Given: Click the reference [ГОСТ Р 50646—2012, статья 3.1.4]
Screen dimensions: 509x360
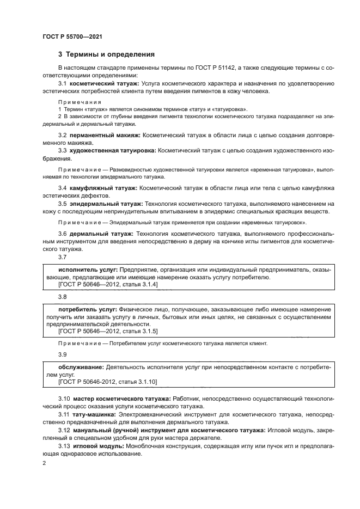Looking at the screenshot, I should pyautogui.click(x=108, y=285).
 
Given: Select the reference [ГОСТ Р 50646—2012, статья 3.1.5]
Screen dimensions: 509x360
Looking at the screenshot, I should pyautogui.click(x=108, y=331).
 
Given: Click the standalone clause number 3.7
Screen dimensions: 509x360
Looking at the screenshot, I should pyautogui.click(x=63, y=257).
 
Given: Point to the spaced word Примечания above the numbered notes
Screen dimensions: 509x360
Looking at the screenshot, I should pyautogui.click(x=80, y=102).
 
